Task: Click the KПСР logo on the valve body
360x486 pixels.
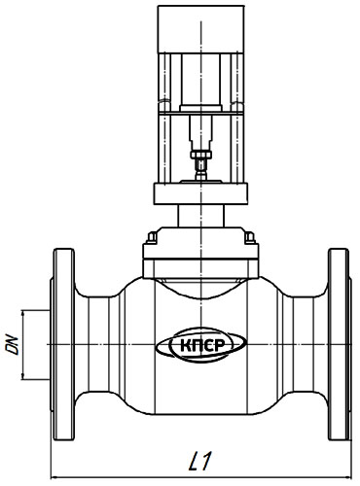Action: (200, 345)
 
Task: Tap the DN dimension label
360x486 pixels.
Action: (12, 345)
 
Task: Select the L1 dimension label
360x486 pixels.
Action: (200, 461)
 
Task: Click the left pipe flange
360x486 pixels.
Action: (63, 344)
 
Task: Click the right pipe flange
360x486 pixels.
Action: (339, 344)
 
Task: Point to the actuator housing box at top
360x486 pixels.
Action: (201, 29)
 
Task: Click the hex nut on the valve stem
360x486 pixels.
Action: (201, 155)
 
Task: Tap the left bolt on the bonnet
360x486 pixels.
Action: (152, 237)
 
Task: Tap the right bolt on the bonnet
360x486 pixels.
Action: (249, 237)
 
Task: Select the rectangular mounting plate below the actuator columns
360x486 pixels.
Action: (200, 194)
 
